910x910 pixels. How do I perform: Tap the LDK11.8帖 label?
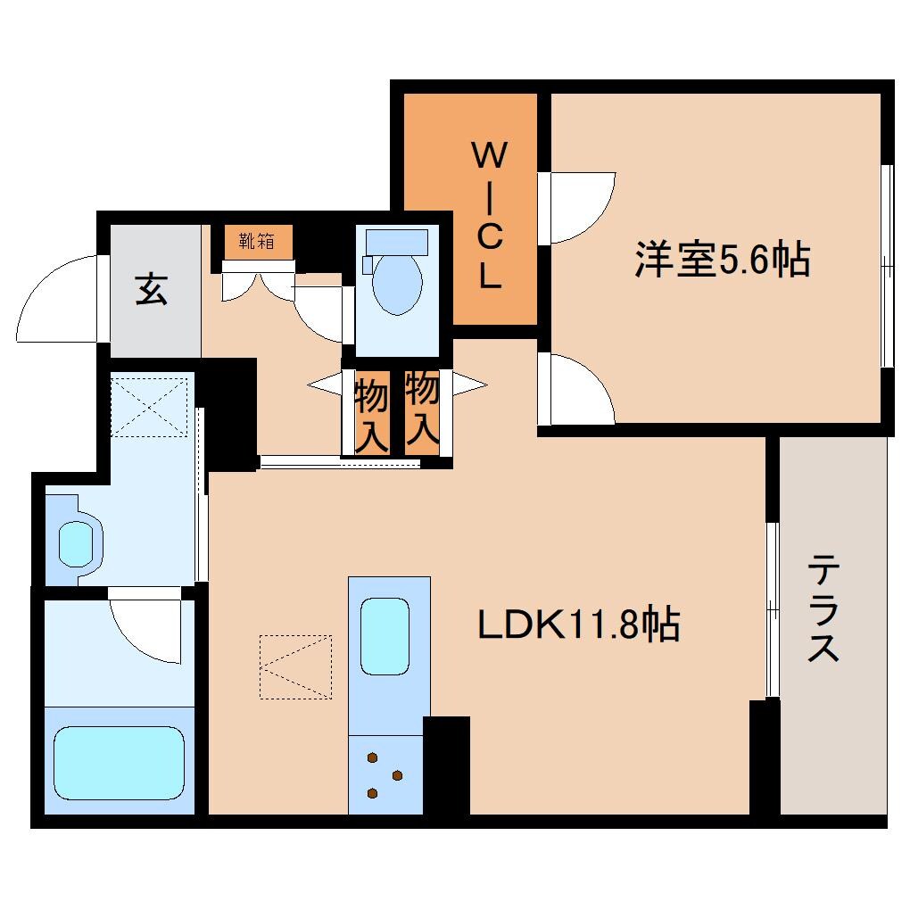click(x=579, y=625)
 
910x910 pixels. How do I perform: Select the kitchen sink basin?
click(x=385, y=636)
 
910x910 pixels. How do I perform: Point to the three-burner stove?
click(x=385, y=774)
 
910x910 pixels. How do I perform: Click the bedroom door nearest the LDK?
click(x=580, y=389)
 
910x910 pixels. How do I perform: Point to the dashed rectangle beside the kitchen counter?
click(x=295, y=666)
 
